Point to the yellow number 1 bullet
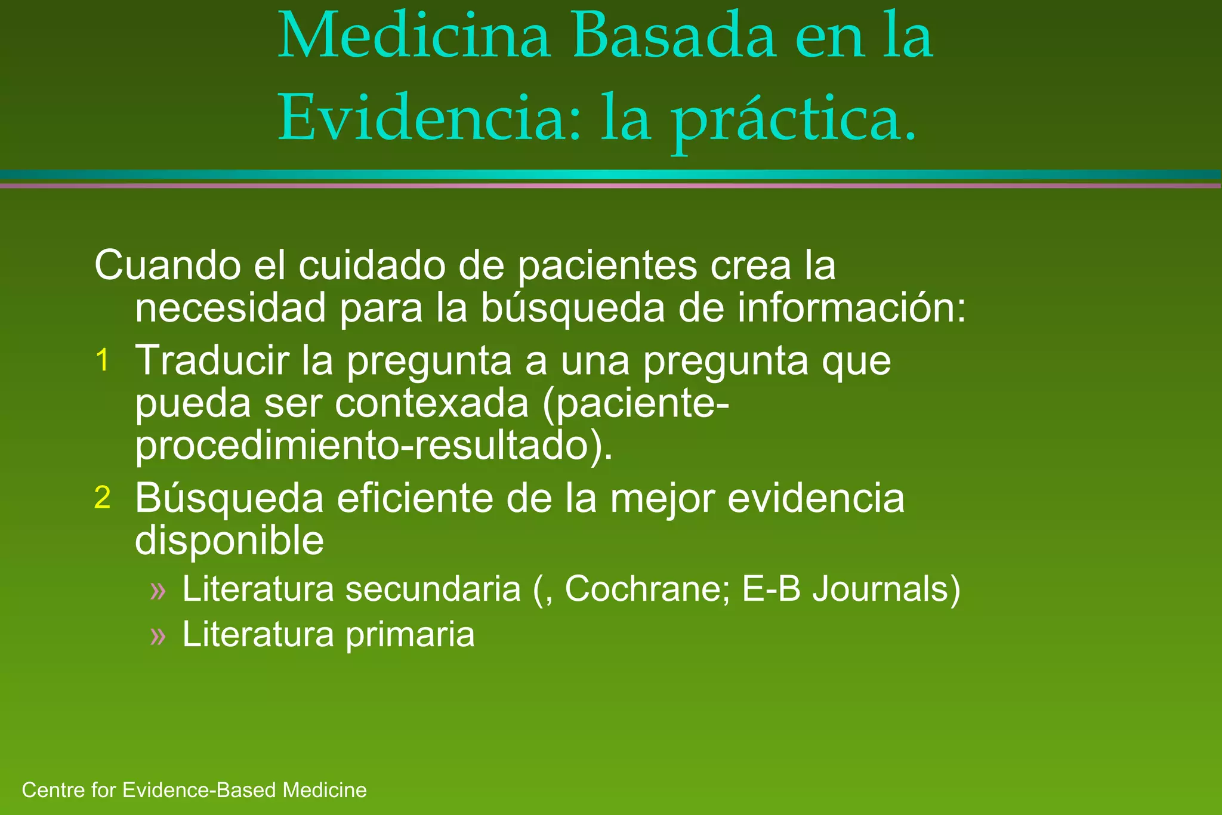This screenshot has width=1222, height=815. coord(103,360)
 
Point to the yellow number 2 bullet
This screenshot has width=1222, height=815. coord(103,498)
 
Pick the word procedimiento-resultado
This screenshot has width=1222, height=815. coord(374,446)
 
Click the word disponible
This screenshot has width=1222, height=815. coord(229,541)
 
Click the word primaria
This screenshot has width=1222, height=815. coord(410,634)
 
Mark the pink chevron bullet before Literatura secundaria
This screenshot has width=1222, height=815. coord(158,591)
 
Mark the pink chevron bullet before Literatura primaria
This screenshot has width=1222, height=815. coord(158,635)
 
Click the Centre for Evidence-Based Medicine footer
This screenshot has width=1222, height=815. coord(194,790)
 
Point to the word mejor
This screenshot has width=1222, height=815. coord(662,499)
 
